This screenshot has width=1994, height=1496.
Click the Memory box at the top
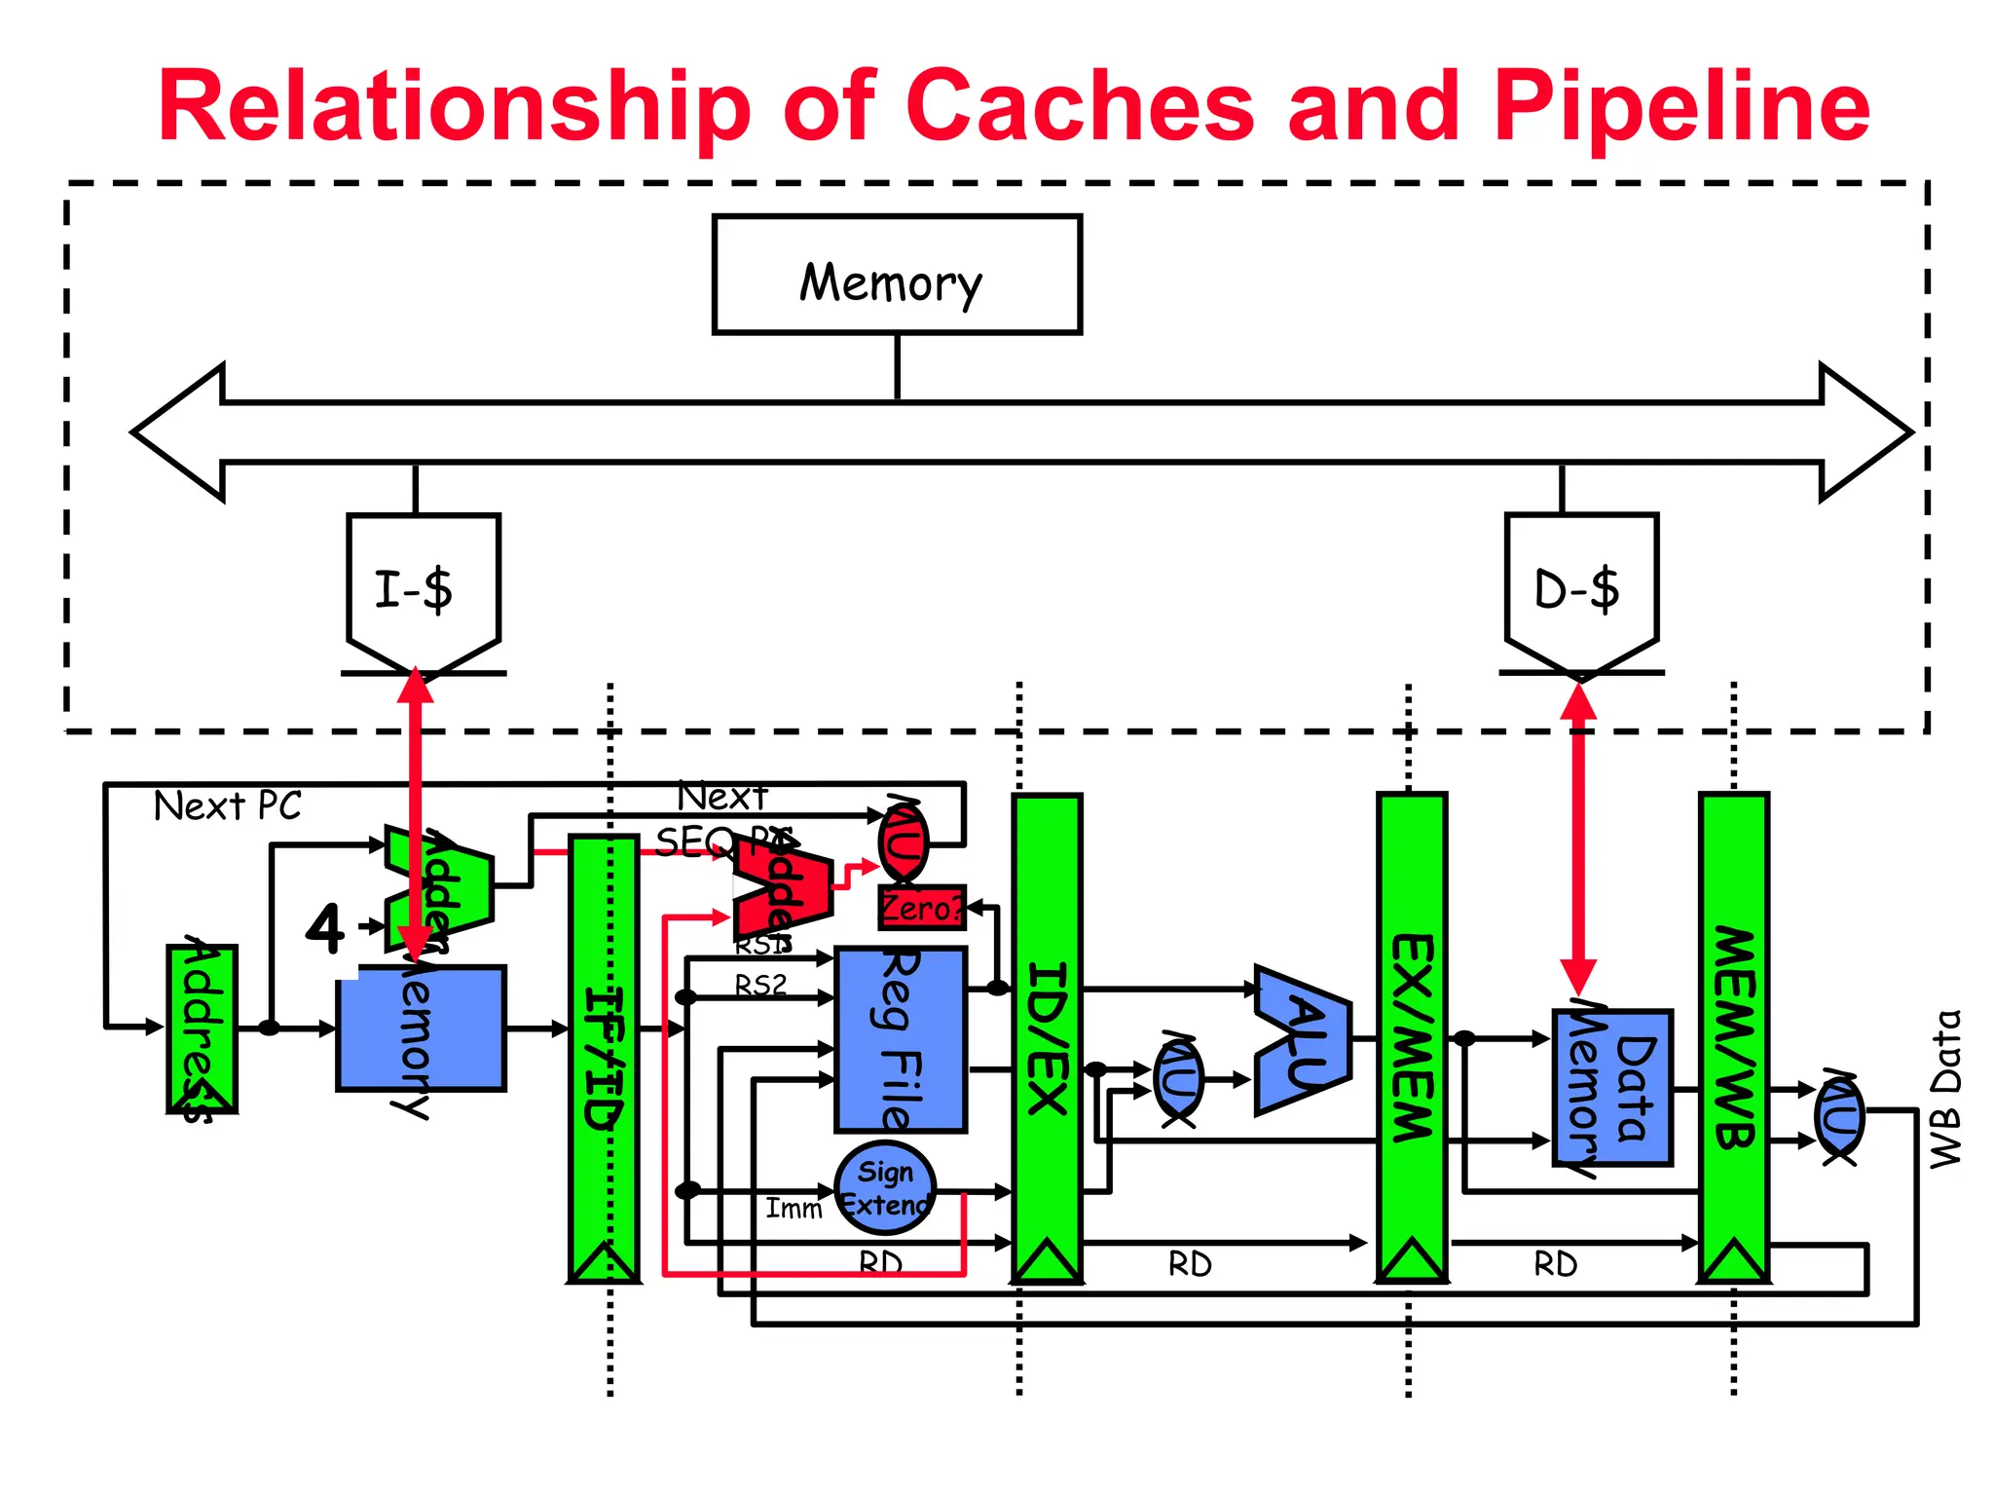pos(896,276)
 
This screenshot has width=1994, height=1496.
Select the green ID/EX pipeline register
pos(1047,1037)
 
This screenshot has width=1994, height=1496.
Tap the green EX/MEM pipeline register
pos(1411,1037)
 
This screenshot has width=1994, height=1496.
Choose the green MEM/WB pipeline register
pos(1733,1037)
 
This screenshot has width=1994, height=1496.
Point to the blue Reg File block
pos(901,1038)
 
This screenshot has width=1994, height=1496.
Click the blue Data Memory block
pos(1612,1087)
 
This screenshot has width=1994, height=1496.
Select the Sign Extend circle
pos(885,1187)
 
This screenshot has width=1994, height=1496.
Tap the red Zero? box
pos(921,908)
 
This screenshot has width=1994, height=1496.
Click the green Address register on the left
pos(202,1028)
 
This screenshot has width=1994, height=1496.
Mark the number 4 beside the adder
pos(325,928)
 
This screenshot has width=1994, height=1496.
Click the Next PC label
pos(228,806)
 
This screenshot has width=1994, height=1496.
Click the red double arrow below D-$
pos(1577,838)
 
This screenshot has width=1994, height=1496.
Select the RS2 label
pos(760,985)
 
